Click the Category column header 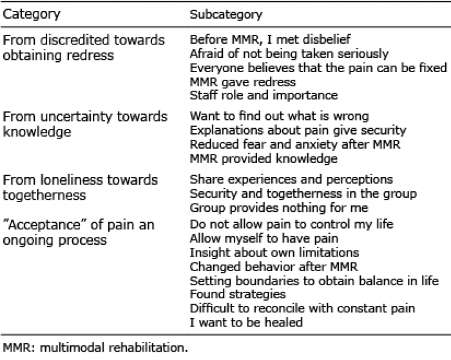[x=32, y=14]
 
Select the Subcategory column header [x=226, y=14]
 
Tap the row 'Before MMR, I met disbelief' [x=270, y=39]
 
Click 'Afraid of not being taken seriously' [x=289, y=53]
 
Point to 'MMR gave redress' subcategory [x=243, y=82]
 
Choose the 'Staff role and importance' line [x=264, y=95]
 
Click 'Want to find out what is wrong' [x=279, y=116]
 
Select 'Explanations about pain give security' [x=298, y=131]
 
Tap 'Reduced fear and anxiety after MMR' [x=295, y=144]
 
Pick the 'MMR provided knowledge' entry [x=264, y=158]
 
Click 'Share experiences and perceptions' [x=291, y=180]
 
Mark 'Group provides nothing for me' [x=279, y=207]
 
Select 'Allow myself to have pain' [x=264, y=239]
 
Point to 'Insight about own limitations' [x=274, y=252]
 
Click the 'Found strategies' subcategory [x=238, y=294]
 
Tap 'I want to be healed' [x=246, y=323]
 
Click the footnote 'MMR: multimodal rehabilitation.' [x=95, y=348]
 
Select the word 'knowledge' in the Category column [x=37, y=132]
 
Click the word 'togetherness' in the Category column [x=44, y=195]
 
